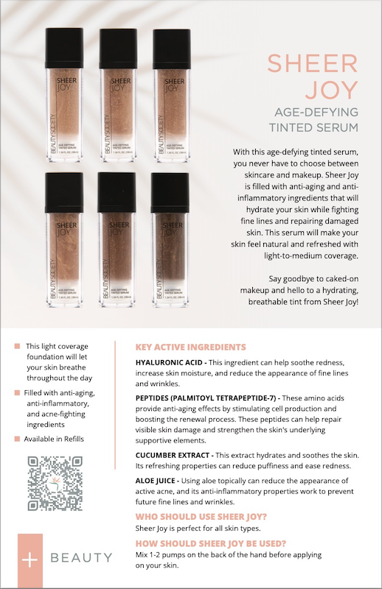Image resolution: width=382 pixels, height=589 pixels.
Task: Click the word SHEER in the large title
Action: click(x=313, y=63)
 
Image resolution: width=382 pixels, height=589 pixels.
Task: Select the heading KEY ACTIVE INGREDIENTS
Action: click(x=191, y=347)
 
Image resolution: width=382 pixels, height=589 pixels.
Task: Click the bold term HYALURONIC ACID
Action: click(x=170, y=362)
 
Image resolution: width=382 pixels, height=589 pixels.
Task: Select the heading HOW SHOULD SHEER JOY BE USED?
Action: click(x=211, y=543)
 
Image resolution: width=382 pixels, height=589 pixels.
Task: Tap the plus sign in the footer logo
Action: click(x=29, y=558)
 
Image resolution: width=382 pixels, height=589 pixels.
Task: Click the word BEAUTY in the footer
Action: click(x=81, y=558)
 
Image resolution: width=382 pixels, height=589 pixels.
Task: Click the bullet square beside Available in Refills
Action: click(x=17, y=440)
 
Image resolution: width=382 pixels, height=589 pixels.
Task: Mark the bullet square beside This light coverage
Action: click(x=17, y=346)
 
